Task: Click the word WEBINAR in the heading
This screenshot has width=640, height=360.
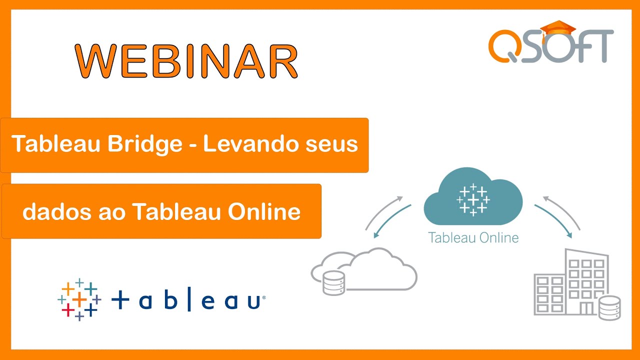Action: coord(186,61)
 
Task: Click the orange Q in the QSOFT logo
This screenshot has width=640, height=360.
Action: coord(506,45)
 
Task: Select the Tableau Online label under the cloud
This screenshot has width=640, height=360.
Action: coord(473,237)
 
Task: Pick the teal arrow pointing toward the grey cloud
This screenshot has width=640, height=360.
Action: coord(390,220)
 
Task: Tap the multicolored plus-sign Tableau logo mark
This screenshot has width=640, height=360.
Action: coord(79,300)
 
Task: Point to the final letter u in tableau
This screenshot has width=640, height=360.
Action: coord(253,301)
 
